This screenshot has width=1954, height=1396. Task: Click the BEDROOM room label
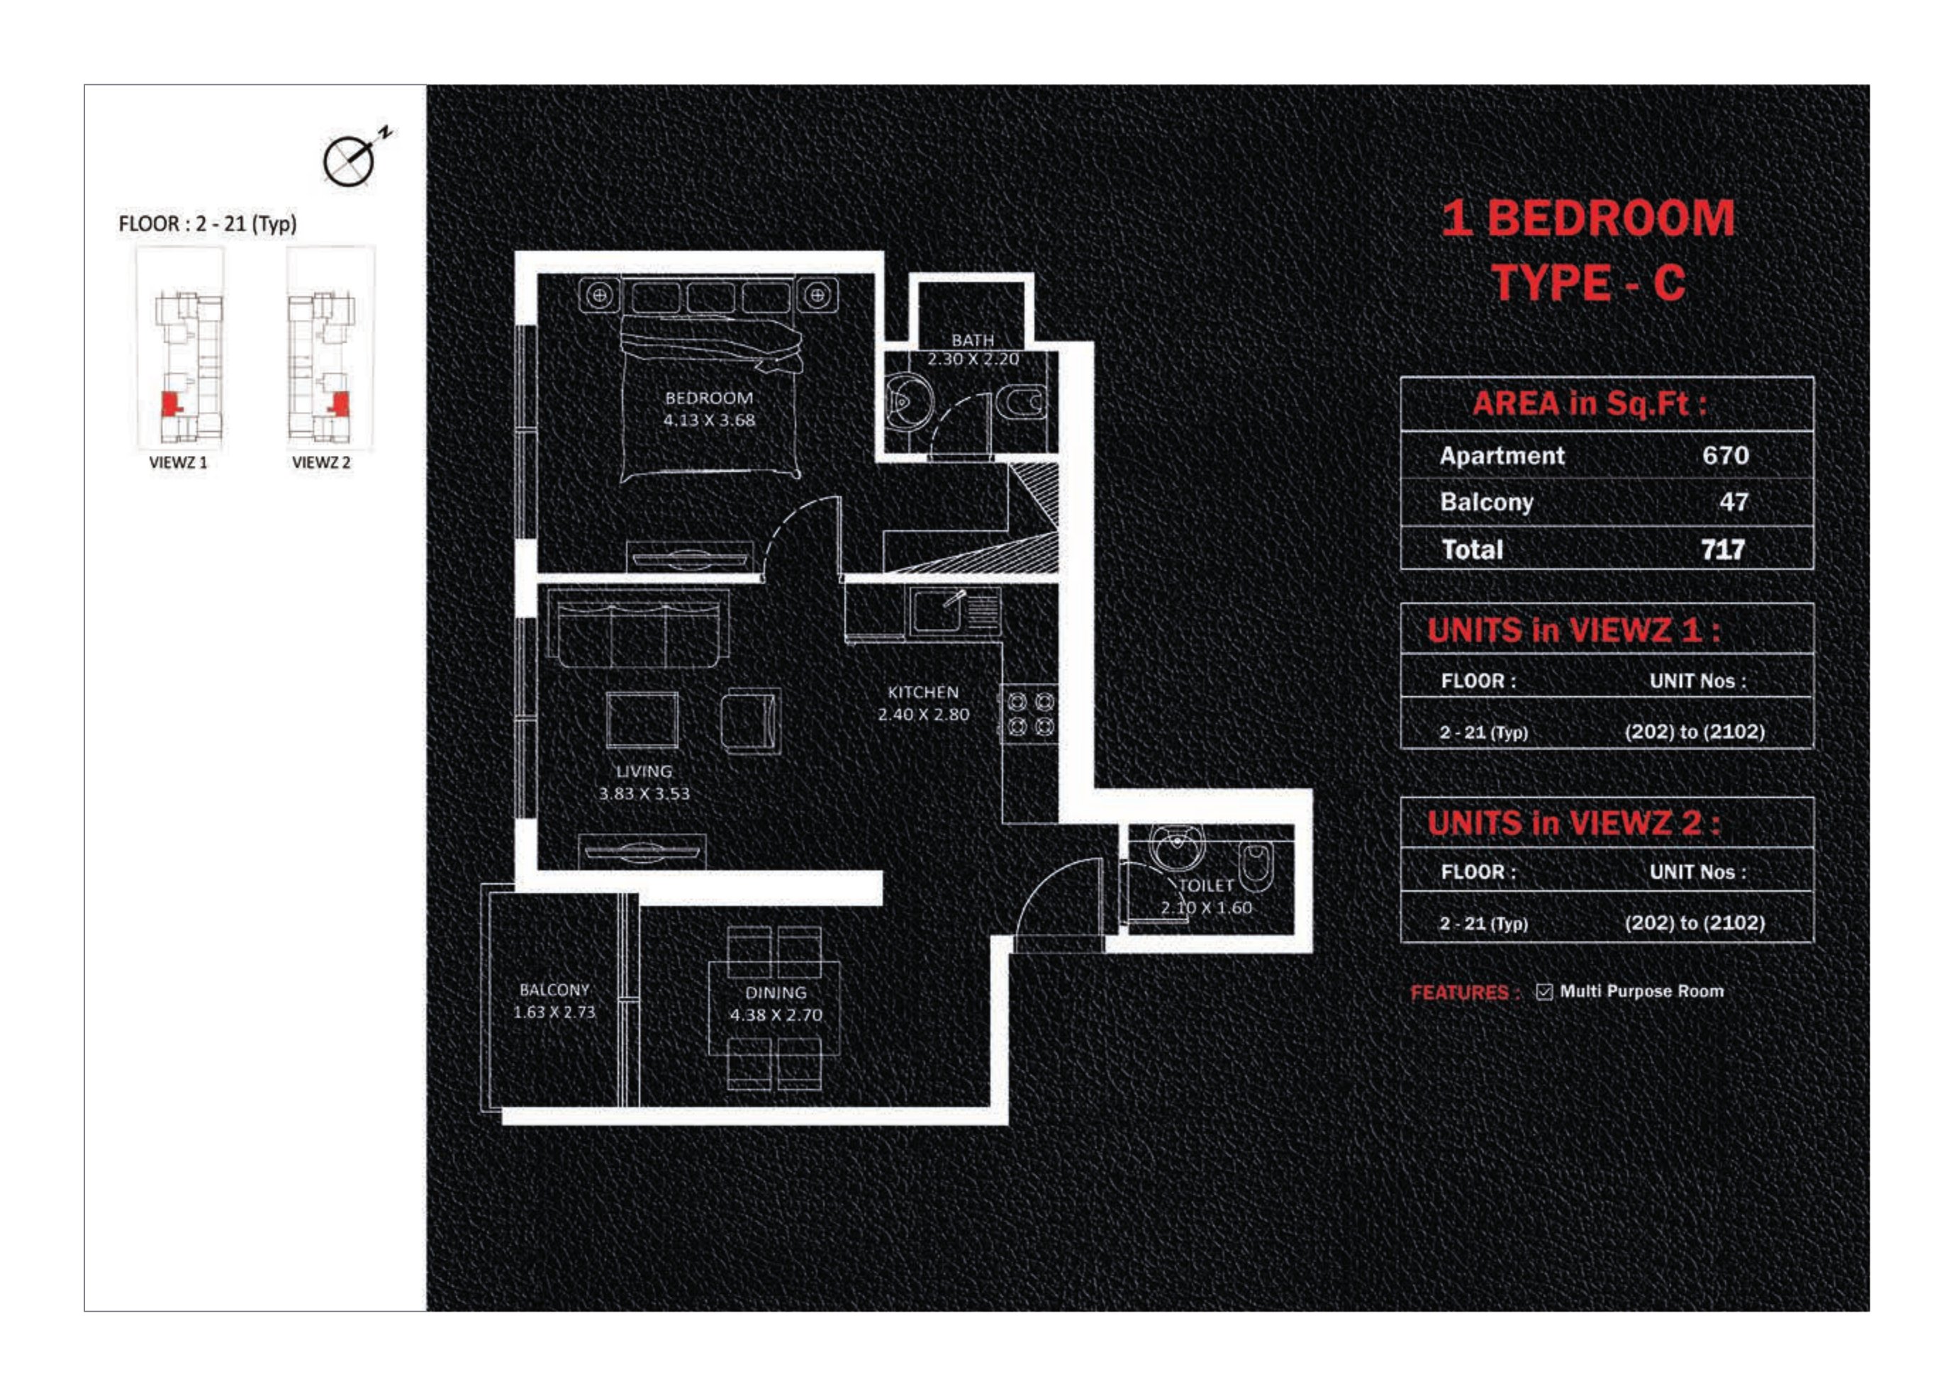coord(708,398)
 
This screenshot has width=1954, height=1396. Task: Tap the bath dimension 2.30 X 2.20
coord(972,359)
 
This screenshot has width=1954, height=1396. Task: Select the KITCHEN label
coord(922,692)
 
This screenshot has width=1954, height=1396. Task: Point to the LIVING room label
coord(644,771)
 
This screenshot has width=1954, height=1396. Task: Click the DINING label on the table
coord(776,993)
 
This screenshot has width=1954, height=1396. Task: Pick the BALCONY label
coord(554,990)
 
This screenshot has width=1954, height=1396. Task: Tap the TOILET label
coord(1206,886)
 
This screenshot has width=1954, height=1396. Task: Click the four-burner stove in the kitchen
coord(1030,715)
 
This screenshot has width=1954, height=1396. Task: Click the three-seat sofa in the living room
coord(638,630)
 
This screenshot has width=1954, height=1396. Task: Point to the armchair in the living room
coord(751,720)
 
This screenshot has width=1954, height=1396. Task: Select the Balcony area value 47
coord(1733,501)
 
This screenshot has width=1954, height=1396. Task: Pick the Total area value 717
coord(1723,549)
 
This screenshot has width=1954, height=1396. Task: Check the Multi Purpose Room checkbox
coord(1544,992)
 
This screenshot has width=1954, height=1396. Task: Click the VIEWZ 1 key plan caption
coord(178,462)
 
